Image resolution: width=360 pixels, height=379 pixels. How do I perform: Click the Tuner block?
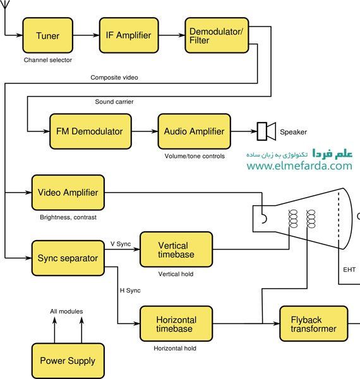click(x=47, y=35)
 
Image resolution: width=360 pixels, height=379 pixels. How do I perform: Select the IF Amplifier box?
click(x=129, y=35)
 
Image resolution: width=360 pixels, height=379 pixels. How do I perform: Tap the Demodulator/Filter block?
click(x=217, y=35)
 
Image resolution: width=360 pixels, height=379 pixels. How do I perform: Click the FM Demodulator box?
click(x=90, y=131)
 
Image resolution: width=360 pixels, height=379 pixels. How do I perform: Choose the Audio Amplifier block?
click(x=195, y=131)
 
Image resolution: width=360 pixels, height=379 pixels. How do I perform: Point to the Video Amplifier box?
click(x=68, y=193)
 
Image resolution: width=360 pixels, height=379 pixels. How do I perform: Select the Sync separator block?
click(x=68, y=258)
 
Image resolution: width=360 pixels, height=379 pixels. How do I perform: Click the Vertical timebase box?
click(x=176, y=250)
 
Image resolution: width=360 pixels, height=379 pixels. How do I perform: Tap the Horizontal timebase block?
click(x=176, y=323)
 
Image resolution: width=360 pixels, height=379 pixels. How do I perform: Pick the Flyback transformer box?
click(x=314, y=323)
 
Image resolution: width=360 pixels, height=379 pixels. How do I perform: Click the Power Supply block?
click(x=68, y=361)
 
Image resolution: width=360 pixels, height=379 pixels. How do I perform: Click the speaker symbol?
click(x=267, y=131)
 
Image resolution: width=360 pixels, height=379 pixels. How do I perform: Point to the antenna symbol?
click(x=5, y=4)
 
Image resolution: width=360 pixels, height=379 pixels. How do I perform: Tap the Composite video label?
click(x=114, y=78)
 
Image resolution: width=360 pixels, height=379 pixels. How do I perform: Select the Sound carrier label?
click(x=114, y=102)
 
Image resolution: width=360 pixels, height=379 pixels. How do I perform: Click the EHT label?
click(x=349, y=270)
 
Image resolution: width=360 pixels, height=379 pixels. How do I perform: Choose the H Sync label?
click(x=130, y=291)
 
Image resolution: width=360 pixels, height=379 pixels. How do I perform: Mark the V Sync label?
click(x=121, y=244)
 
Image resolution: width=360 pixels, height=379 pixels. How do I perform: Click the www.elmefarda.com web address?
click(x=299, y=165)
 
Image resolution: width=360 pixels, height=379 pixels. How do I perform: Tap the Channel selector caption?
click(x=48, y=60)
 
